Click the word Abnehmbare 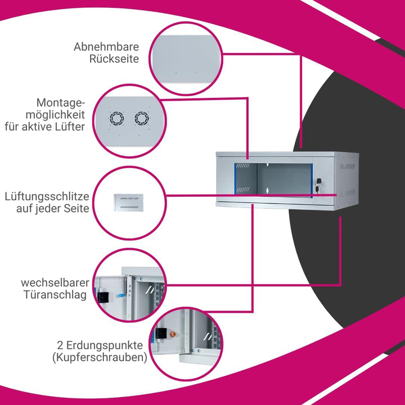(106, 47)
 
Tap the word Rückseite (114, 58)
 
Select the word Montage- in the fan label (61, 103)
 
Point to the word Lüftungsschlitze (47, 196)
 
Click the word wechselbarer (55, 282)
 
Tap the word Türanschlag (55, 295)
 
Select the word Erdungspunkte (105, 345)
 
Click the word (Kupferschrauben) (100, 358)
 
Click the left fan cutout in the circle (117, 119)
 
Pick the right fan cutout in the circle (142, 119)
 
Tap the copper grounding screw (173, 335)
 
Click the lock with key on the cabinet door (317, 184)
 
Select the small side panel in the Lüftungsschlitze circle (129, 202)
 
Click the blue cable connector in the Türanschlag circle (121, 295)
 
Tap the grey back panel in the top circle (186, 59)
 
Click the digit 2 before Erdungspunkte (60, 345)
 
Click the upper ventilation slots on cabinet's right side (347, 166)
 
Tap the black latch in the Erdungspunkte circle (162, 333)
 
